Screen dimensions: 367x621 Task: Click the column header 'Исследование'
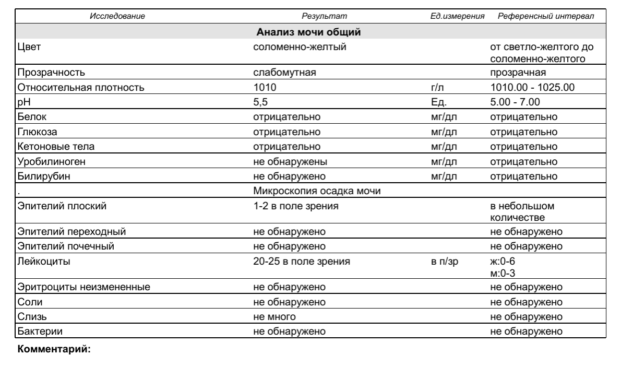(x=117, y=17)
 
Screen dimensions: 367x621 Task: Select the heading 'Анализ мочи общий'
(x=309, y=33)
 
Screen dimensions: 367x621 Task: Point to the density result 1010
(x=262, y=87)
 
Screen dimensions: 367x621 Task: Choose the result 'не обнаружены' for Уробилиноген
(x=290, y=161)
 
